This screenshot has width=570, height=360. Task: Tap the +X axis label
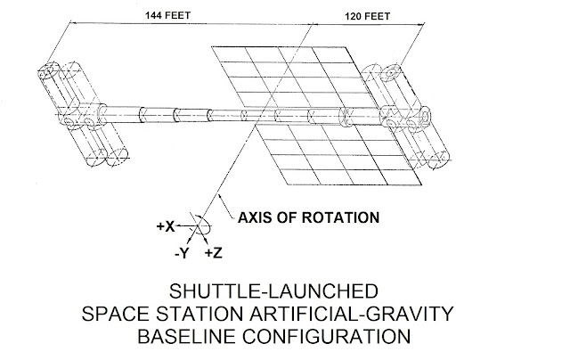point(164,226)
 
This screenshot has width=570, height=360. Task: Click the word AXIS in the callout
point(253,217)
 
